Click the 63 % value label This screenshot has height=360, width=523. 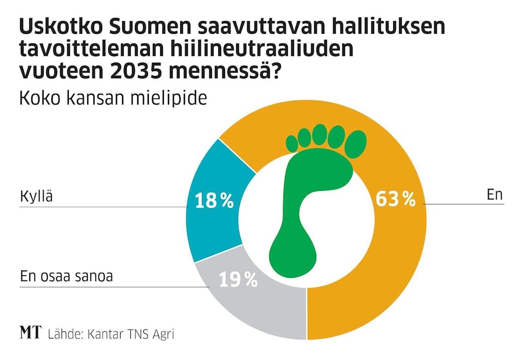point(395,199)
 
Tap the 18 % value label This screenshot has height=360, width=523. point(214,201)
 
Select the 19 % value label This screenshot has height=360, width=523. point(238,279)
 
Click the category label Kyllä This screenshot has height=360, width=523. point(36,197)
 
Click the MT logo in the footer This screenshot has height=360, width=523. point(30,333)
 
